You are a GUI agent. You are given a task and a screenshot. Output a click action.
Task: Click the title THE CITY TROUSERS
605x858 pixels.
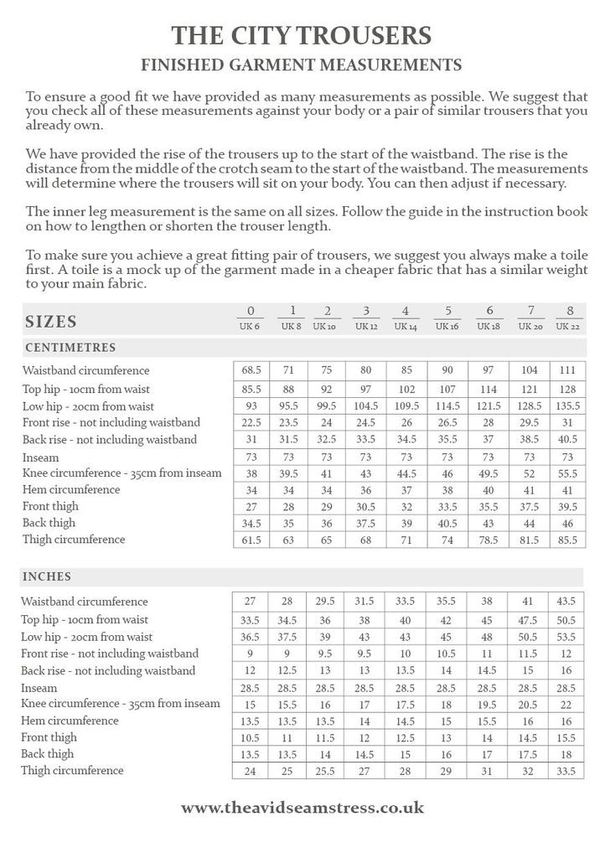(x=302, y=34)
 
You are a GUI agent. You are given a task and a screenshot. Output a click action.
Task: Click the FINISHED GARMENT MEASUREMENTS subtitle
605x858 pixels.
(x=302, y=64)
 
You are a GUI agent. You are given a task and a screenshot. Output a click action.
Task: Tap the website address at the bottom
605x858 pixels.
(x=302, y=808)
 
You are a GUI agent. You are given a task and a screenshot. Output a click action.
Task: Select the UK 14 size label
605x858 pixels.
(x=405, y=326)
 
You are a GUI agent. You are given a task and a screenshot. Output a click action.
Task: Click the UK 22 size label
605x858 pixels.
(x=567, y=326)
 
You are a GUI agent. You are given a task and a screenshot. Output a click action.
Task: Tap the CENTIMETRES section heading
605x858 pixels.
(x=70, y=348)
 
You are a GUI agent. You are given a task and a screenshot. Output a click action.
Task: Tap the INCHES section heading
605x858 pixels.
(x=49, y=577)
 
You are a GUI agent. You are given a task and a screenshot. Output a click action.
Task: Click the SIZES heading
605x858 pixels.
(x=51, y=322)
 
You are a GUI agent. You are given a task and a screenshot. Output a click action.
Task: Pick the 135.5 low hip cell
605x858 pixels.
(x=567, y=406)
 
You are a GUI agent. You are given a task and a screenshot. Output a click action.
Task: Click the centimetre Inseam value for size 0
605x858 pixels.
(x=251, y=457)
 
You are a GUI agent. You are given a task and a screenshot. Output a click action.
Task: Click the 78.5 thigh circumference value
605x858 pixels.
(x=490, y=540)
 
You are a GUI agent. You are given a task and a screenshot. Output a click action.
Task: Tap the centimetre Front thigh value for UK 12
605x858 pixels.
(x=366, y=507)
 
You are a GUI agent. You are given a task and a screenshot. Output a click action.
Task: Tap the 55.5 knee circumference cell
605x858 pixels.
(x=567, y=473)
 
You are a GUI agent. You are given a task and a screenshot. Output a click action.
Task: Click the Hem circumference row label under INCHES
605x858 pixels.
(x=70, y=721)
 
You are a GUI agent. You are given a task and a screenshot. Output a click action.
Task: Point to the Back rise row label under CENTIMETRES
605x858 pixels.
(x=110, y=439)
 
